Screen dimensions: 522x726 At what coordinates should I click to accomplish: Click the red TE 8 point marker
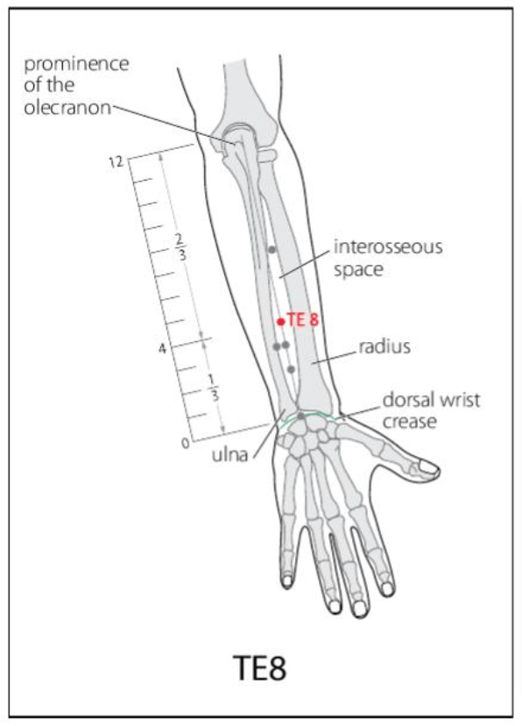pos(280,322)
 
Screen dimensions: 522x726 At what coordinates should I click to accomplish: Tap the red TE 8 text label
pos(303,319)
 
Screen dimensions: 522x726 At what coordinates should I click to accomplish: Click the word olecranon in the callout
pos(67,108)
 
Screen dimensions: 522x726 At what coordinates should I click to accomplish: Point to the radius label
pos(384,346)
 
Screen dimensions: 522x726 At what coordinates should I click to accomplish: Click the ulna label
pos(229,455)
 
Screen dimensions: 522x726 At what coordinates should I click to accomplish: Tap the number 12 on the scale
pos(116,162)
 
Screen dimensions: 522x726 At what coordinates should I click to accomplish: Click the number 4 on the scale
pos(162,349)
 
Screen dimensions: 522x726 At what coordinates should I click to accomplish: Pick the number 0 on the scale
pos(185,444)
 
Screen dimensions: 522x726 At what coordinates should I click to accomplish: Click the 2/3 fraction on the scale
pos(180,246)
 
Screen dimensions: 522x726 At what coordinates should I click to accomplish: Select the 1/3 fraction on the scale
pos(213,388)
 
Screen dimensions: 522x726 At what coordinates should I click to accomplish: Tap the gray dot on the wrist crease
pos(301,416)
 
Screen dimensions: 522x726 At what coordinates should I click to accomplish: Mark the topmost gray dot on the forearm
pos(272,250)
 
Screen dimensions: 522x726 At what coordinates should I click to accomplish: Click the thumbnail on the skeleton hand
pos(427,468)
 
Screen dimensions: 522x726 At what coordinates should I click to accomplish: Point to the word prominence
pos(76,64)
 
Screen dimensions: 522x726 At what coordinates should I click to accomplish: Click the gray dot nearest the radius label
pos(291,369)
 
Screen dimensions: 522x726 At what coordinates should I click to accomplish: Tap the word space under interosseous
pos(358,270)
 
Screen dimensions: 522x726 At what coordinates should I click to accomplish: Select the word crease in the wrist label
pos(409,422)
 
